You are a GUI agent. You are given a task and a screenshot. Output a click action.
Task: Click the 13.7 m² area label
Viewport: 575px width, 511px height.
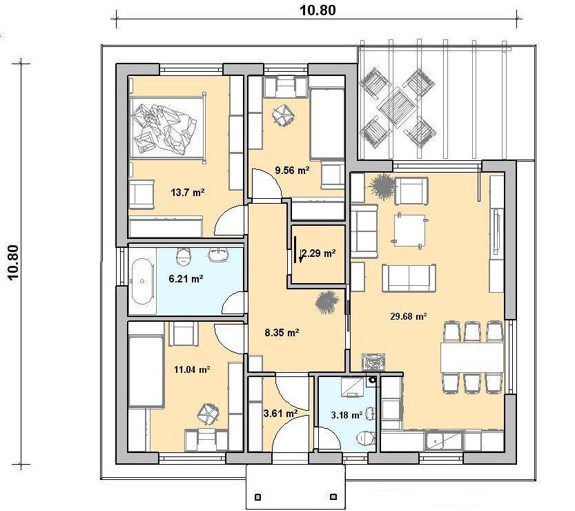pyautogui.click(x=187, y=192)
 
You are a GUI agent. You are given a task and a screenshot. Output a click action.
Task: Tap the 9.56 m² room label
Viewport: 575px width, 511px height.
pyautogui.click(x=292, y=170)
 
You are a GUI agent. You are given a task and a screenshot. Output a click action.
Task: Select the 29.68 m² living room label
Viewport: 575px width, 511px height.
pyautogui.click(x=408, y=316)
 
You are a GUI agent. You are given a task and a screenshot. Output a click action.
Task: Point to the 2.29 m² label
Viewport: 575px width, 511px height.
pyautogui.click(x=318, y=253)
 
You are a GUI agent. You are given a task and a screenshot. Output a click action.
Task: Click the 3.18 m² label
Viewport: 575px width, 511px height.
pyautogui.click(x=347, y=415)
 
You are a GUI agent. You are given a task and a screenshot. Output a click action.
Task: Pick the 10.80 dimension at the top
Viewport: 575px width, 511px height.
pyautogui.click(x=318, y=10)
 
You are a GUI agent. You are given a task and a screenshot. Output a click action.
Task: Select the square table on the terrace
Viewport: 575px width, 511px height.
pyautogui.click(x=398, y=107)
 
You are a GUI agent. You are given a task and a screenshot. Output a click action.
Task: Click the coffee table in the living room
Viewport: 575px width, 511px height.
pyautogui.click(x=409, y=231)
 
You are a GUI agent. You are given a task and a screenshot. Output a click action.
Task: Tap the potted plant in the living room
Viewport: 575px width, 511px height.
pyautogui.click(x=382, y=186)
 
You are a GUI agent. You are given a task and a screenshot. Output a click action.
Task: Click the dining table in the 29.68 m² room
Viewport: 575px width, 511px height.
pyautogui.click(x=472, y=357)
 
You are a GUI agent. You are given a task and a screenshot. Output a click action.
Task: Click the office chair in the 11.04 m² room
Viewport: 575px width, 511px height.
pyautogui.click(x=208, y=415)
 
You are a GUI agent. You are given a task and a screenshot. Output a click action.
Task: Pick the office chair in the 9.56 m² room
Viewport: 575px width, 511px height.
pyautogui.click(x=283, y=115)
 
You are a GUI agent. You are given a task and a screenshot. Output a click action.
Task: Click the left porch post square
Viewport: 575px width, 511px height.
pyautogui.click(x=257, y=497)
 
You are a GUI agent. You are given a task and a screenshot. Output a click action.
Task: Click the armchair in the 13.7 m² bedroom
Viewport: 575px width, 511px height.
pyautogui.click(x=141, y=193)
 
